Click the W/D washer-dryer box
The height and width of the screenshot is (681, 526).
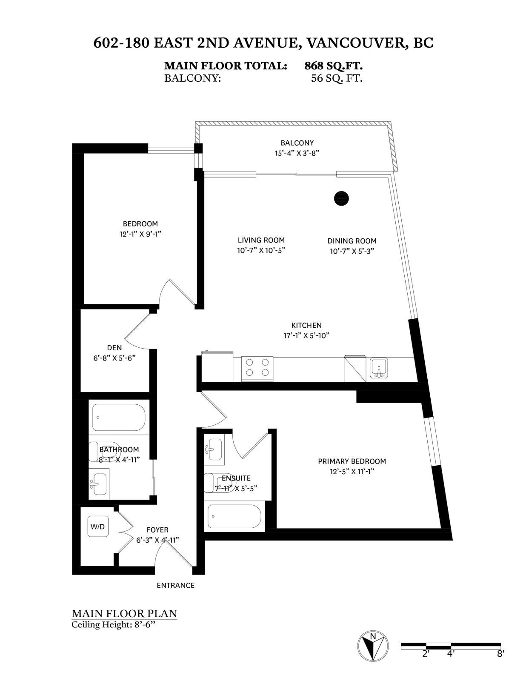(97, 526)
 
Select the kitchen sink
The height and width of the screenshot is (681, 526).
(378, 368)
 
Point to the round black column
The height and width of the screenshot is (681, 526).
(341, 198)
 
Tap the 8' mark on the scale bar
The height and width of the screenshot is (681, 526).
(500, 654)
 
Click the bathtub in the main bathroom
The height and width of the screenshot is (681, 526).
(119, 418)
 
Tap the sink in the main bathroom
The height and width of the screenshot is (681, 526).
(99, 484)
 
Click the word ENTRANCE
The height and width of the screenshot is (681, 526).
(175, 585)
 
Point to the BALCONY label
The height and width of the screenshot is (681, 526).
(297, 143)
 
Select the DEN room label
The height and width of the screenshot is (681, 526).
(114, 348)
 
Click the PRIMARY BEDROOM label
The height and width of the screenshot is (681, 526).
(352, 461)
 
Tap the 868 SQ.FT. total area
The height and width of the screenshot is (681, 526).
(333, 66)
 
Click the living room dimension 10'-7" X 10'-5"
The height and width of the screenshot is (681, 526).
(261, 250)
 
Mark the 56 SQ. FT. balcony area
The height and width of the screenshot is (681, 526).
(337, 78)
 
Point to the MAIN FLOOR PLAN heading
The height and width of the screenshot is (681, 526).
(124, 613)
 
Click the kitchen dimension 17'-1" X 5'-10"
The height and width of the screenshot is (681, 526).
(306, 335)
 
